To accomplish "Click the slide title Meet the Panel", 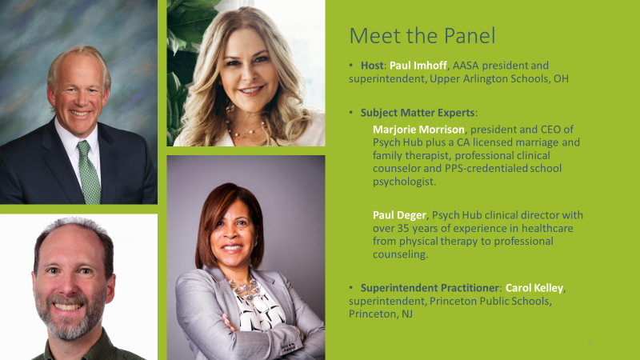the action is [422, 35].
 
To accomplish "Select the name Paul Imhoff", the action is [412, 66].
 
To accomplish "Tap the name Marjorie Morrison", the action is [418, 130].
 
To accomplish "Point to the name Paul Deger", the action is [399, 215].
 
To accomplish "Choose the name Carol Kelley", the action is [534, 288].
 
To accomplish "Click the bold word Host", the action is [372, 66].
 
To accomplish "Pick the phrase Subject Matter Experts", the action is [418, 113].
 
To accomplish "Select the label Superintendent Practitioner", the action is [429, 288].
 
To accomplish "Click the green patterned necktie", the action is [89, 171].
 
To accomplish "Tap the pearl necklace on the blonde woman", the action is [246, 129].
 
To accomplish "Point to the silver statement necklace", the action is [244, 289].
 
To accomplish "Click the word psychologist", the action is [404, 182].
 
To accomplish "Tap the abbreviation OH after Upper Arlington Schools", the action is [561, 78].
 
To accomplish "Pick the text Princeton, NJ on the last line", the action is [381, 314].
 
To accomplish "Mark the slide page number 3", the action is [589, 344].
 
